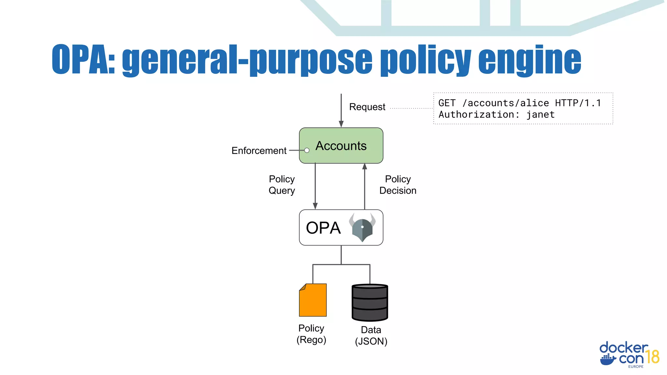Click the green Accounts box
pyautogui.click(x=341, y=146)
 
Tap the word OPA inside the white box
pyautogui.click(x=323, y=228)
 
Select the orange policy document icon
pyautogui.click(x=313, y=300)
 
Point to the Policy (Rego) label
pyautogui.click(x=311, y=334)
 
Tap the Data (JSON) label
pyautogui.click(x=371, y=335)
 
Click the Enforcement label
pyautogui.click(x=259, y=151)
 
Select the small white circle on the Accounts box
pyautogui.click(x=307, y=150)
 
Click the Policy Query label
pyautogui.click(x=282, y=185)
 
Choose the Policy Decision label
pyautogui.click(x=398, y=185)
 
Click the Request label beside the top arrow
pyautogui.click(x=367, y=107)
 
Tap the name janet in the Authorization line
pyautogui.click(x=540, y=115)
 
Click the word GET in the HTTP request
pyautogui.click(x=447, y=103)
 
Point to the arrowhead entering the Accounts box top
pyautogui.click(x=341, y=124)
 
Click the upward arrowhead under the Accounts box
pyautogui.click(x=364, y=166)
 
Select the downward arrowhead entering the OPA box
pyautogui.click(x=315, y=206)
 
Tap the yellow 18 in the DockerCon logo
pyautogui.click(x=653, y=357)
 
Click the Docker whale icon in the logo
pyautogui.click(x=608, y=359)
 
